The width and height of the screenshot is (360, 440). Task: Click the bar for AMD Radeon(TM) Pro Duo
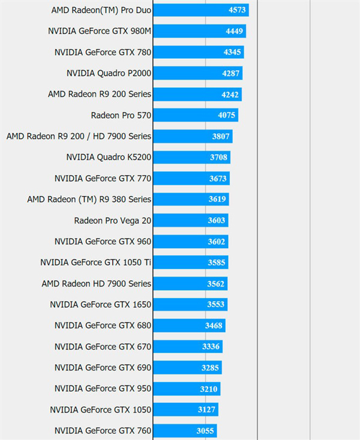(200, 10)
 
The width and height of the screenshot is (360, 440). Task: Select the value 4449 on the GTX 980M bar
(235, 31)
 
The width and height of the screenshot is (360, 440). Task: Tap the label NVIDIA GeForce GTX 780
(103, 52)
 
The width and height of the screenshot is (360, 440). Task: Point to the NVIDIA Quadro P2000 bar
(197, 73)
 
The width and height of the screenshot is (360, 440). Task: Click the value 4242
(230, 94)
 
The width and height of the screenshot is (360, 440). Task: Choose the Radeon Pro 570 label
(121, 115)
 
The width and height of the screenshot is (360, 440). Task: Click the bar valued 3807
(193, 136)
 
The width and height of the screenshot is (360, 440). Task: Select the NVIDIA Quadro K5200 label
(109, 157)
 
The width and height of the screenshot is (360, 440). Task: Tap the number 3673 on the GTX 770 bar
(219, 179)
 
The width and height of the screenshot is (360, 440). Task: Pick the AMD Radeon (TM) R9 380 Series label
(89, 199)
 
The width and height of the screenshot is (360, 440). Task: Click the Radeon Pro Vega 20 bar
(191, 220)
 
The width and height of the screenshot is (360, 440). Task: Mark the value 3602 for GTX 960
(217, 242)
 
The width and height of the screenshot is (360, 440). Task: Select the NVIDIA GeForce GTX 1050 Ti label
(96, 262)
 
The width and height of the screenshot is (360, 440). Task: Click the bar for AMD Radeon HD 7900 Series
(190, 284)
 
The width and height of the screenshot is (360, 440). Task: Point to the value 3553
(216, 305)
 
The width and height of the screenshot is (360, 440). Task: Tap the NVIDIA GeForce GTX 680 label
(103, 326)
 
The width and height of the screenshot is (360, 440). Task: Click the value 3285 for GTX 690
(212, 367)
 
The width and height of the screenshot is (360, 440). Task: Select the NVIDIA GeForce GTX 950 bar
(187, 388)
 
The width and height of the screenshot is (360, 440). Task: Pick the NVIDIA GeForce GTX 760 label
(103, 430)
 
